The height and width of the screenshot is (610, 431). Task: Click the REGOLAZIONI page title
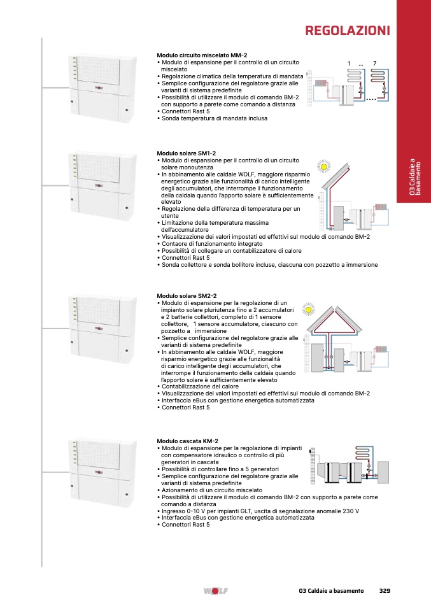[x=348, y=31]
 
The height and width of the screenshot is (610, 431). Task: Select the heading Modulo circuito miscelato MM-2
[x=202, y=55]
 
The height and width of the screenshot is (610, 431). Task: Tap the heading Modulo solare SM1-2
[x=187, y=153]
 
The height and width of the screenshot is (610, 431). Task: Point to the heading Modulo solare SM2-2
[x=187, y=296]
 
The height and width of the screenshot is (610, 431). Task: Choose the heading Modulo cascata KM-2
[x=188, y=441]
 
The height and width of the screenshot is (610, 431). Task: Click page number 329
[x=385, y=590]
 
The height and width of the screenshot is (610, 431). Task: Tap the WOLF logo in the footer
[x=215, y=591]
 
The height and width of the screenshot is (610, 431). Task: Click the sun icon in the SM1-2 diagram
[x=323, y=166]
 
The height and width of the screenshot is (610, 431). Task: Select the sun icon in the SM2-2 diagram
[x=309, y=309]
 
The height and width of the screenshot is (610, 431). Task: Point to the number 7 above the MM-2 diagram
[x=374, y=64]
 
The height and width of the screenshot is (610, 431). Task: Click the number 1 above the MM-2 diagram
[x=349, y=64]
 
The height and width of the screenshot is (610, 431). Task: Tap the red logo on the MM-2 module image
[x=99, y=88]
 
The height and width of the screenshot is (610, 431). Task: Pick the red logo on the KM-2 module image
[x=99, y=472]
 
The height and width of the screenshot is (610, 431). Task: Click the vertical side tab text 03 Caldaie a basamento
[x=414, y=176]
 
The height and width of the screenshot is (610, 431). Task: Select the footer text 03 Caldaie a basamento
[x=331, y=590]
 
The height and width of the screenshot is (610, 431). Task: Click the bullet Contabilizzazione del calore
[x=198, y=387]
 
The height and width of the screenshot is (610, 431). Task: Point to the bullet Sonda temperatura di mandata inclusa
[x=213, y=118]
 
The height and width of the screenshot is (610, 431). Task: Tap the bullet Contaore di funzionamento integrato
[x=210, y=243]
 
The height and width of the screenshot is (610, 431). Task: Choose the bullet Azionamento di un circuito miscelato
[x=210, y=490]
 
